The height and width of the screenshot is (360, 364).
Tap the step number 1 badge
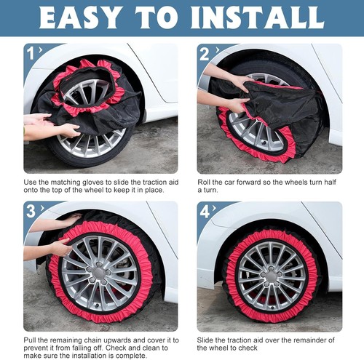coord(31,52)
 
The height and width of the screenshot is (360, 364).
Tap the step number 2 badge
coord(205,52)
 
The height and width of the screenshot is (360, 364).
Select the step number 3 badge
coord(31,211)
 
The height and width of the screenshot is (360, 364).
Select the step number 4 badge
coord(205,211)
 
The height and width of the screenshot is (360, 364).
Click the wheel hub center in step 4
coord(271,275)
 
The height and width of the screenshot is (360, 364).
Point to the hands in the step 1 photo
coord(51,125)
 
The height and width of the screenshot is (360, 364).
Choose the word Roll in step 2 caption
coord(205,182)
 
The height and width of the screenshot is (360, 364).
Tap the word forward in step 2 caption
coord(252,182)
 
